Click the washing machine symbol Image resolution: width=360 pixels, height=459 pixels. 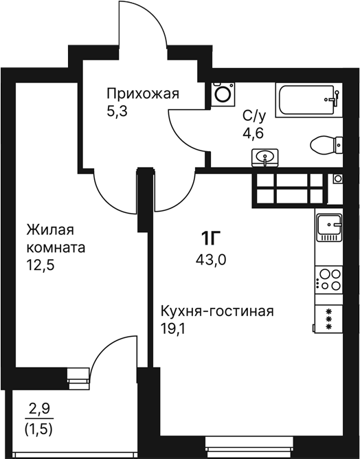click(x=223, y=94)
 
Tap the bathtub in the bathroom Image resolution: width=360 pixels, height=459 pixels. click(x=308, y=100)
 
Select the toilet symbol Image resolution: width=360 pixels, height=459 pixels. click(x=326, y=145)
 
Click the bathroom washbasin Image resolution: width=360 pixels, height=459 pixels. click(x=265, y=158)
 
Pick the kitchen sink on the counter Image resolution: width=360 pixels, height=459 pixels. click(x=329, y=227)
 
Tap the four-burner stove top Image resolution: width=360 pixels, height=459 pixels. click(x=329, y=280)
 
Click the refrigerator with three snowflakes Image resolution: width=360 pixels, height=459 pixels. click(x=328, y=319)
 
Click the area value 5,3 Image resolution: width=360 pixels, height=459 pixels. click(x=117, y=112)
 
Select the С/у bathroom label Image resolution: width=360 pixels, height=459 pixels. click(x=254, y=117)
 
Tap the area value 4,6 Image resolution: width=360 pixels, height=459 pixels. click(x=254, y=133)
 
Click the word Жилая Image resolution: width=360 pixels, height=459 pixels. click(x=50, y=230)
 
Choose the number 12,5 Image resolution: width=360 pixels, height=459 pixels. click(x=41, y=266)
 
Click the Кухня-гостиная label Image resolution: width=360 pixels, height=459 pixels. click(x=217, y=311)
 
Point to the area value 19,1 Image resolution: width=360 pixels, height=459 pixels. click(x=173, y=329)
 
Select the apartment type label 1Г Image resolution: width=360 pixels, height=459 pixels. click(x=210, y=238)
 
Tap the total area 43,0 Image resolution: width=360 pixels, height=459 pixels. click(x=211, y=259)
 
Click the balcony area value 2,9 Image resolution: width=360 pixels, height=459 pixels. click(x=40, y=409)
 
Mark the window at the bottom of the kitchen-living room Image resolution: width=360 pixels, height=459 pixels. click(x=249, y=447)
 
